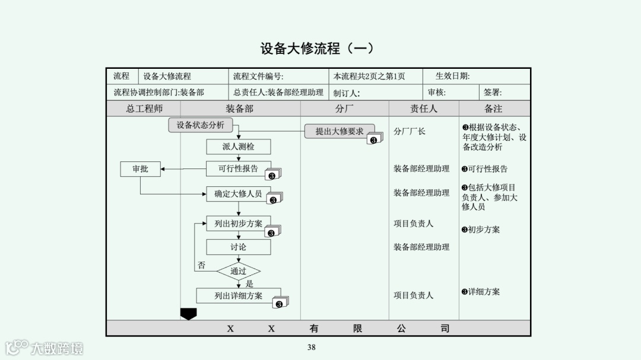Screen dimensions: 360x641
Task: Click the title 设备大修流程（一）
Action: click(318, 49)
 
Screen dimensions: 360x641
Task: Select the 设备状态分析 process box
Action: click(201, 125)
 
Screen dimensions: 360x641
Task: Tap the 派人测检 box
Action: click(238, 146)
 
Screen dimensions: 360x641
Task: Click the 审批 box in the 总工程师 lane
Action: click(140, 169)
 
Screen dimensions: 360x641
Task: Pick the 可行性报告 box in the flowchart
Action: click(238, 168)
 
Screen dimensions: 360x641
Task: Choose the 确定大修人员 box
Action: click(238, 193)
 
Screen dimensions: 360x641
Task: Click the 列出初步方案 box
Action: click(238, 224)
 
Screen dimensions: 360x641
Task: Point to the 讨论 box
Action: click(238, 247)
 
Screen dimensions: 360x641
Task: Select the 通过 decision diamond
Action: click(238, 271)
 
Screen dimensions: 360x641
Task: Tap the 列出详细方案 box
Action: click(238, 295)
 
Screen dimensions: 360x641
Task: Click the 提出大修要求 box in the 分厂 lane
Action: click(339, 131)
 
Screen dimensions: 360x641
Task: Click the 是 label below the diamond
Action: click(249, 283)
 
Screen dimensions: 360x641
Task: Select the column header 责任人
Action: click(423, 109)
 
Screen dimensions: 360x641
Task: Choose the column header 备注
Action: click(493, 109)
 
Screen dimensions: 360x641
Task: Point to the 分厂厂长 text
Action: click(410, 131)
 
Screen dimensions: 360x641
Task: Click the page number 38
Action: click(311, 348)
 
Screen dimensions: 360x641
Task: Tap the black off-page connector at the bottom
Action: click(188, 313)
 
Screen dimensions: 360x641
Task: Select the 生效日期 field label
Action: click(452, 76)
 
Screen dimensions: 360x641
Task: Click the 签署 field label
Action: click(493, 93)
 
